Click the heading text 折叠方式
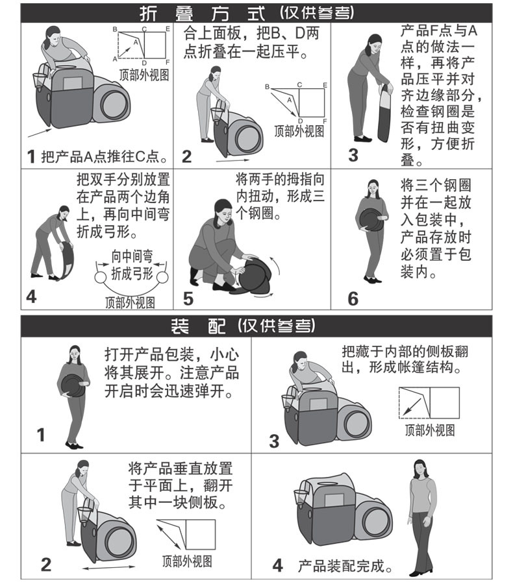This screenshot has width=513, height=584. pyautogui.click(x=202, y=14)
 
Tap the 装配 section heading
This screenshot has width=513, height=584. pyautogui.click(x=198, y=326)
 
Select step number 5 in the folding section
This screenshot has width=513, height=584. pyautogui.click(x=188, y=298)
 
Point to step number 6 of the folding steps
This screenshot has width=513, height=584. pyautogui.click(x=353, y=298)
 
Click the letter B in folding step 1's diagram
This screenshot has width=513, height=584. pyautogui.click(x=115, y=29)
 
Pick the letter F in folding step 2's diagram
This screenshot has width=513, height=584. pyautogui.click(x=325, y=121)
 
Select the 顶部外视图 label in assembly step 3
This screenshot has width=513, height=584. pyautogui.click(x=430, y=430)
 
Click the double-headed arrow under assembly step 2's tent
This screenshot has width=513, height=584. pyautogui.click(x=108, y=567)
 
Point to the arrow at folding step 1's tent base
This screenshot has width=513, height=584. pyautogui.click(x=40, y=133)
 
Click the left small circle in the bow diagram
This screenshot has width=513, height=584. pyautogui.click(x=100, y=278)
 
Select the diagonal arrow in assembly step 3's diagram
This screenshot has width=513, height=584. pyautogui.click(x=412, y=407)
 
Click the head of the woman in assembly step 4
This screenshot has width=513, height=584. pyautogui.click(x=419, y=469)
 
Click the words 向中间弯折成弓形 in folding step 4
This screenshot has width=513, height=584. pyautogui.click(x=132, y=265)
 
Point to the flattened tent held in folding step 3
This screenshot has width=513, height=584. pyautogui.click(x=384, y=112)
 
